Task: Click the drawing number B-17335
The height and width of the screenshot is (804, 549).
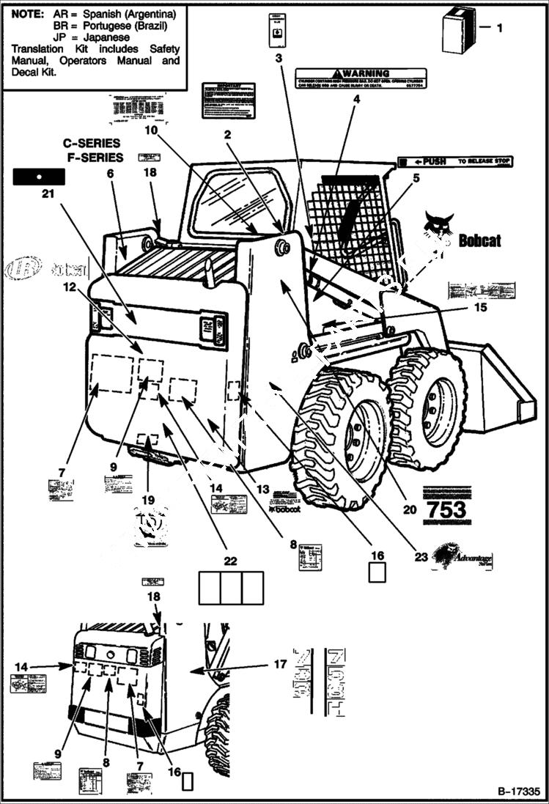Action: click(518, 792)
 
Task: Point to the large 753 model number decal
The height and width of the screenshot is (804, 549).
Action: click(446, 509)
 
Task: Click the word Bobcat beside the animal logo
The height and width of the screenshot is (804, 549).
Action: click(480, 240)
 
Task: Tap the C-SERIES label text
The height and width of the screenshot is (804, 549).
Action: click(92, 144)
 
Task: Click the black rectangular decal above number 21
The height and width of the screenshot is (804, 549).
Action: click(40, 176)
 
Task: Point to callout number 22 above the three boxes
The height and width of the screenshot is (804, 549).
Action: click(230, 561)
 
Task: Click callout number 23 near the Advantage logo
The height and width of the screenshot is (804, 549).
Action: click(421, 557)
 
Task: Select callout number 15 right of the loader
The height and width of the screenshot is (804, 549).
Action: click(480, 308)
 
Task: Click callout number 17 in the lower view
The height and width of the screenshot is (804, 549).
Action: click(279, 665)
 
